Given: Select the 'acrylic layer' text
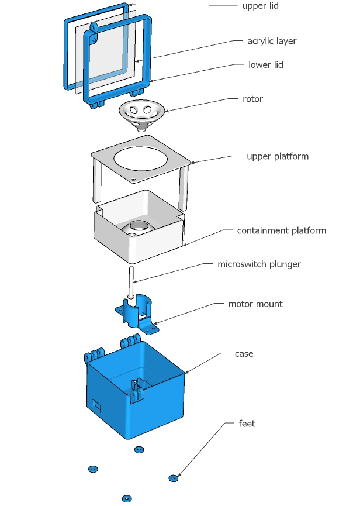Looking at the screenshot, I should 272,42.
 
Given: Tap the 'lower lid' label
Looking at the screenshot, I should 266,65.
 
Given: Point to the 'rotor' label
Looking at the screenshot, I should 253,99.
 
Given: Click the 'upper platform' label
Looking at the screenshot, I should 278,157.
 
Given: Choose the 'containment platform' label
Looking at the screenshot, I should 281,230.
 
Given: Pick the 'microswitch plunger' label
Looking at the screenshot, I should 259,264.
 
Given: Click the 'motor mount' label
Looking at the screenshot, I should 255,304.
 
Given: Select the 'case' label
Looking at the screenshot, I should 244,354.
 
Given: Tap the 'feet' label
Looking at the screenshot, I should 247,424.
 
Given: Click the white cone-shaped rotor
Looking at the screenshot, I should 141,112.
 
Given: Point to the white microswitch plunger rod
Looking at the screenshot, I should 132,281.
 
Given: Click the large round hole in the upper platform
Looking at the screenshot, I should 141,159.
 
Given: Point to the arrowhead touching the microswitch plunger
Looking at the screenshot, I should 136,282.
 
